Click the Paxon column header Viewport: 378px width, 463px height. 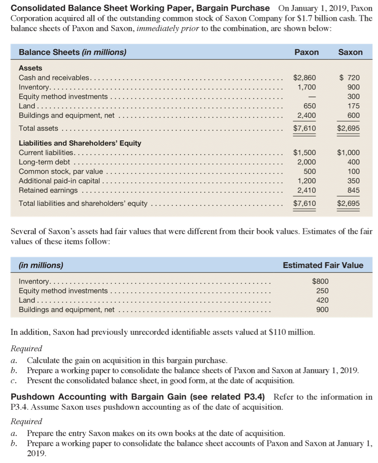(307, 52)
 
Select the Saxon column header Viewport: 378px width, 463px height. (350, 52)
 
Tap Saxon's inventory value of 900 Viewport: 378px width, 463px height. (354, 87)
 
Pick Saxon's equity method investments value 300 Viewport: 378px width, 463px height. (354, 97)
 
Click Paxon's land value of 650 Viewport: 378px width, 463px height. (309, 106)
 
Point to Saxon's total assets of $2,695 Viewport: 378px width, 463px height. (349, 129)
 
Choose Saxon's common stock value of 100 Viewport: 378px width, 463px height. (354, 171)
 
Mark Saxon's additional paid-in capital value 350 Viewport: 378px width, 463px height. (354, 181)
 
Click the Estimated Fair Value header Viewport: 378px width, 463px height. (323, 265)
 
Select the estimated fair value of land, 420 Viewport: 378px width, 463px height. (323, 300)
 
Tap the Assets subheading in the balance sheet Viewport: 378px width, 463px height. (30, 68)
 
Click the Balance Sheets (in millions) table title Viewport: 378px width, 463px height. (72, 52)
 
